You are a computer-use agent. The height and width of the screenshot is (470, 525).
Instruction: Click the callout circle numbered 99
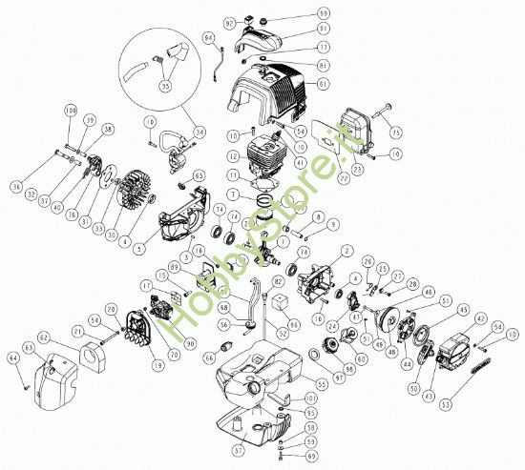[323, 13]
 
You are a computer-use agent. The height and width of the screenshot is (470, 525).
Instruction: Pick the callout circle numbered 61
[323, 84]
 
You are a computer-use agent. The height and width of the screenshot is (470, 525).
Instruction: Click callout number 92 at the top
[230, 22]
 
